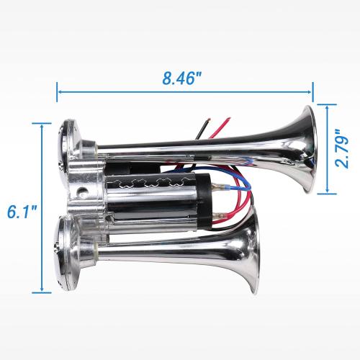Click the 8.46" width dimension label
(x=181, y=78)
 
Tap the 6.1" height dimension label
(x=22, y=212)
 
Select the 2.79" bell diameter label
(x=342, y=149)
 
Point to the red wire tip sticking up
(x=228, y=119)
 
